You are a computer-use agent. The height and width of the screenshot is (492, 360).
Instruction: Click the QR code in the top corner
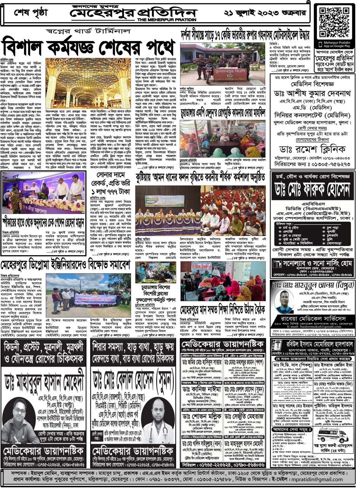[x=334, y=21]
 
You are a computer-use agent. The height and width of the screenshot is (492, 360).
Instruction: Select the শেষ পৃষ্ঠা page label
[x=32, y=13]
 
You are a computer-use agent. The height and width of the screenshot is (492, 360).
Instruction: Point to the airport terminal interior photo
[x=88, y=83]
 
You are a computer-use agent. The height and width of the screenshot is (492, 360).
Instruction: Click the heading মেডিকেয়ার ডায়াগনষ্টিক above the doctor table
[x=222, y=343]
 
